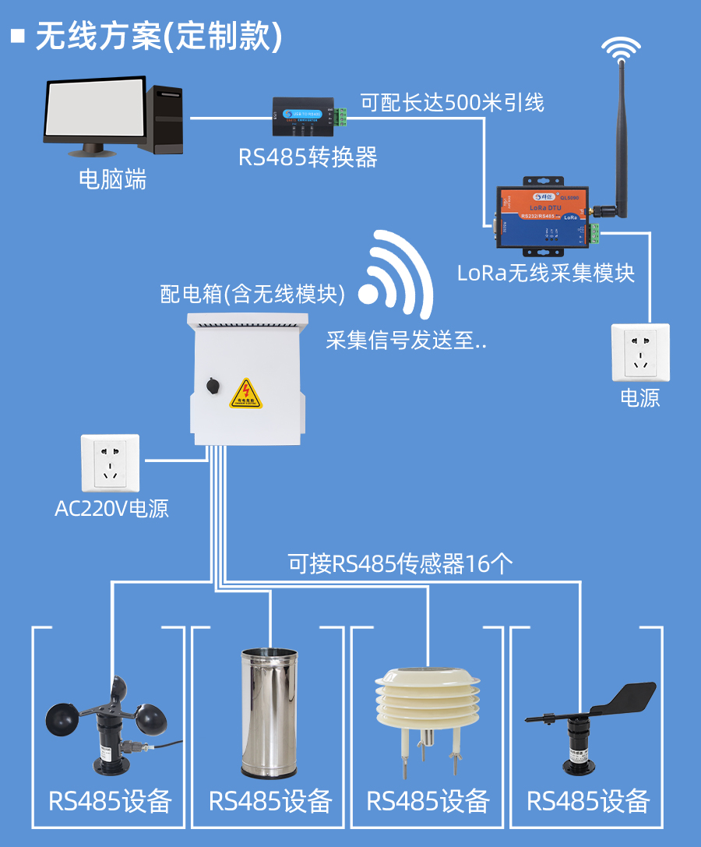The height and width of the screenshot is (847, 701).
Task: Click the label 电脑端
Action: [x=112, y=180]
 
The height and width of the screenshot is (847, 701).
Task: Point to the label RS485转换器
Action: [x=308, y=157]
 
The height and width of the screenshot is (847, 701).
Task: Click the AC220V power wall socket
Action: [x=110, y=464]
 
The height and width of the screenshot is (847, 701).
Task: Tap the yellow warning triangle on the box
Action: [x=246, y=395]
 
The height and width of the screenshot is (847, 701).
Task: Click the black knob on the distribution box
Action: [x=211, y=385]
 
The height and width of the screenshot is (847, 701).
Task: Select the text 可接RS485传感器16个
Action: [x=400, y=563]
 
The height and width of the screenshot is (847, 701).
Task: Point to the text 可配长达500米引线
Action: [x=452, y=102]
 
